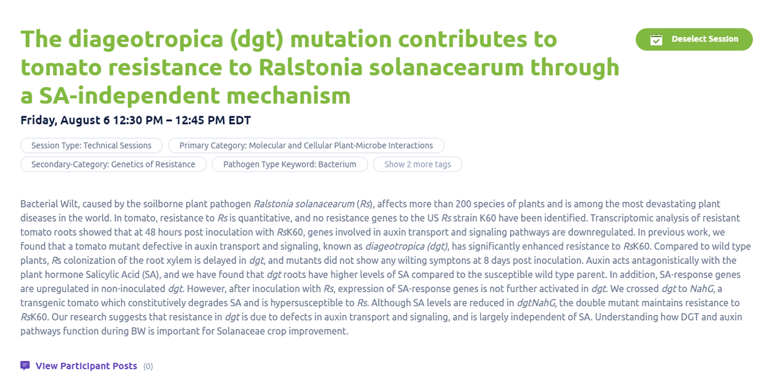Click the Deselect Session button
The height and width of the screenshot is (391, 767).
point(694,39)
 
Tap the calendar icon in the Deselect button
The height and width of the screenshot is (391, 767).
point(656,40)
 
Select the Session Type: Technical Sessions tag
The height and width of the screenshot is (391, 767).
point(91,146)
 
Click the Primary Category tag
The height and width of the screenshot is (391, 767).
point(306,146)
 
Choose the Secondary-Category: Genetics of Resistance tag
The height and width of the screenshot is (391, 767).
point(113,164)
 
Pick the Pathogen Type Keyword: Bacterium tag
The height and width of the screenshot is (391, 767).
point(290,164)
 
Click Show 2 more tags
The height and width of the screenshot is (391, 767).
point(417,164)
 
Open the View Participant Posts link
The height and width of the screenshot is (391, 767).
point(86,366)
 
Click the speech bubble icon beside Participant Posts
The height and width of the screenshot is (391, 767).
point(25,366)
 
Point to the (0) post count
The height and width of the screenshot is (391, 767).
point(148,367)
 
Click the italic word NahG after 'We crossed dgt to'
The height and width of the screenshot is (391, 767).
point(701,289)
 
